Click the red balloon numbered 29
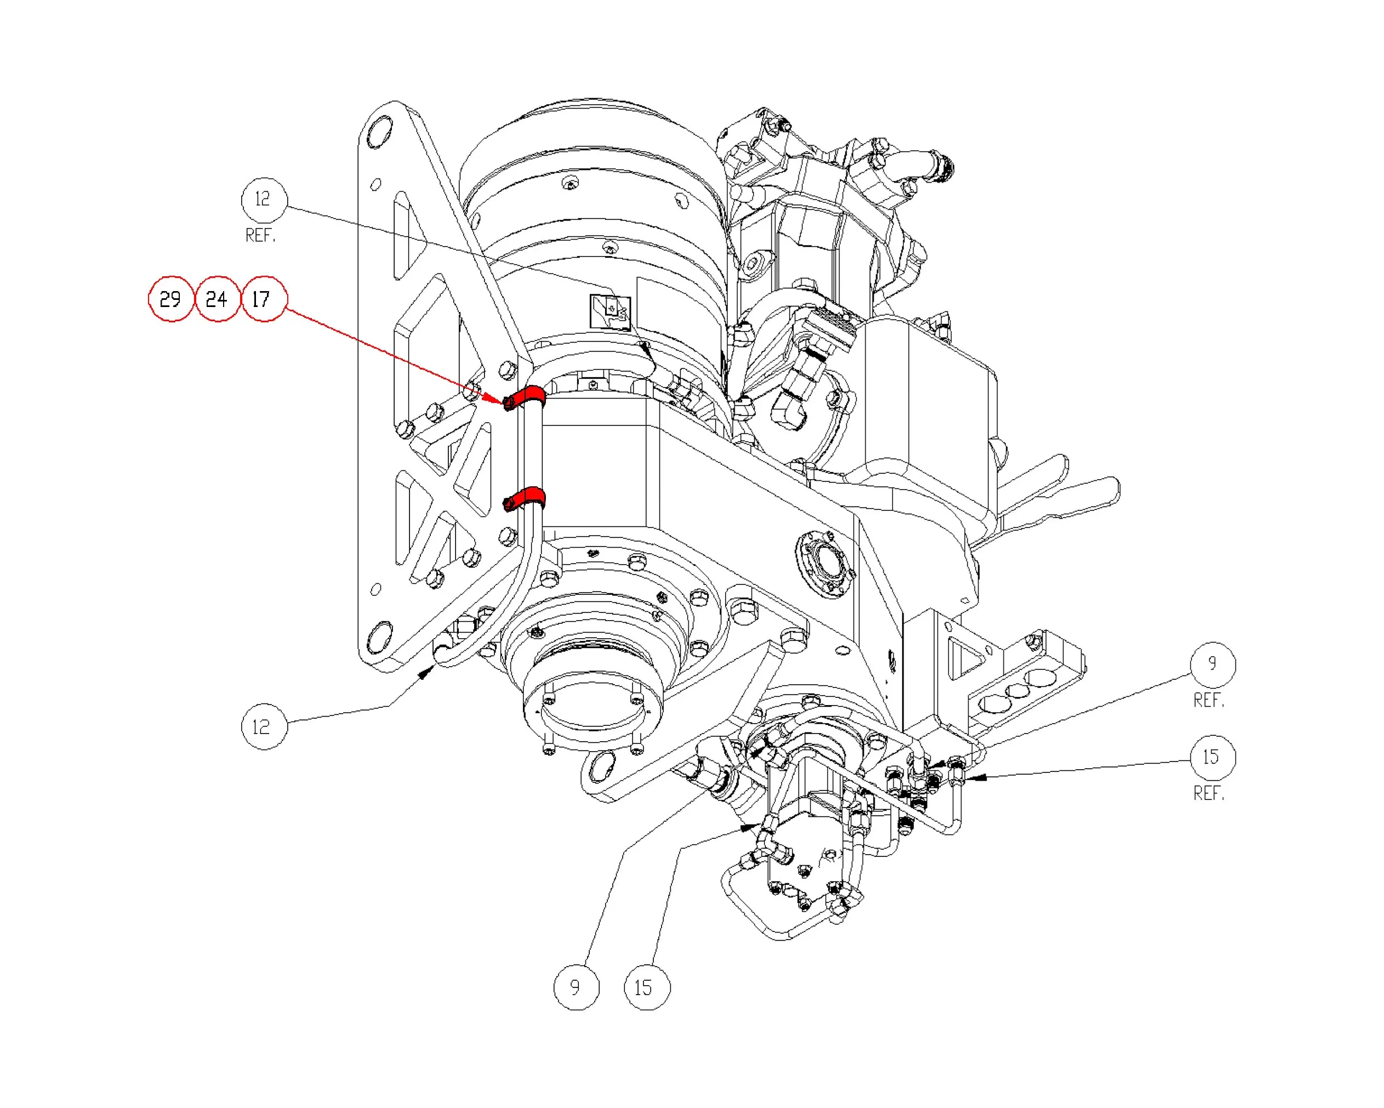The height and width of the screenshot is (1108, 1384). pyautogui.click(x=171, y=299)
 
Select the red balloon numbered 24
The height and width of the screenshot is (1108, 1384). pyautogui.click(x=217, y=299)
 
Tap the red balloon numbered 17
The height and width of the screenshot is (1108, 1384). pyautogui.click(x=263, y=299)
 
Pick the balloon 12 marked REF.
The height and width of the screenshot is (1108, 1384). pyautogui.click(x=264, y=200)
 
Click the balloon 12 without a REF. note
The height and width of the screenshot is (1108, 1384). pyautogui.click(x=264, y=726)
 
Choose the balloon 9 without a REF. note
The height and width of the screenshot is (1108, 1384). pyautogui.click(x=576, y=987)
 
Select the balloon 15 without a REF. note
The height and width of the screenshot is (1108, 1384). pyautogui.click(x=646, y=987)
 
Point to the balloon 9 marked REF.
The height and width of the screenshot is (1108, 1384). pyautogui.click(x=1212, y=664)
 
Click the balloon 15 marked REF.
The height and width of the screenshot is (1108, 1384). pyautogui.click(x=1212, y=758)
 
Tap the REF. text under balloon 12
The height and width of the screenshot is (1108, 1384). pyautogui.click(x=260, y=236)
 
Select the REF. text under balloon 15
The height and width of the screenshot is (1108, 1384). pyautogui.click(x=1209, y=794)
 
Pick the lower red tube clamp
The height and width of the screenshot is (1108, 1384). pyautogui.click(x=528, y=497)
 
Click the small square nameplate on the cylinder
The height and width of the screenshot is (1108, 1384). pyautogui.click(x=610, y=312)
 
